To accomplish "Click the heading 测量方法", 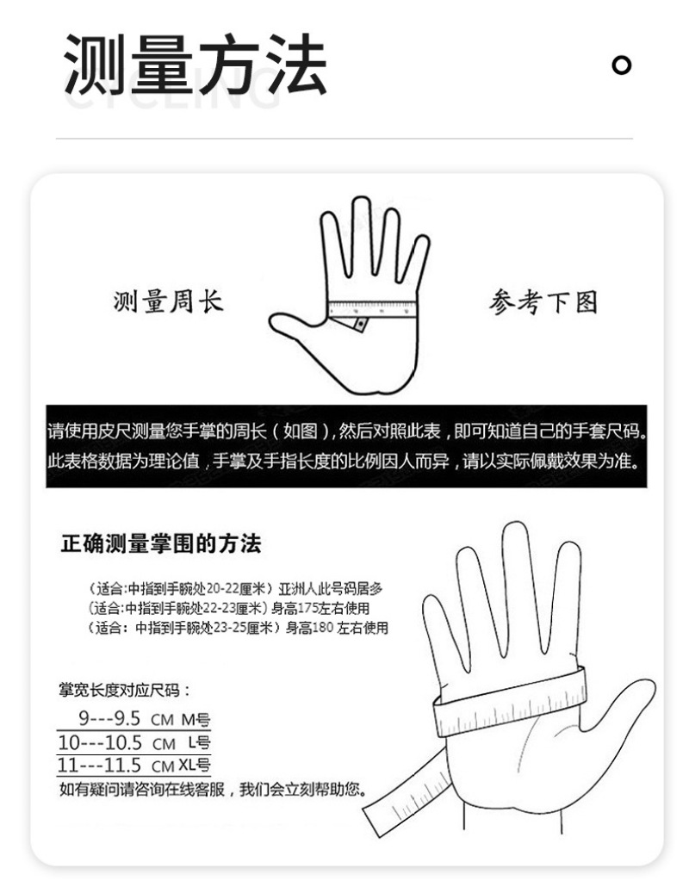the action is (x=196, y=64).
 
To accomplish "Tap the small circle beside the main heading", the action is (x=621, y=65).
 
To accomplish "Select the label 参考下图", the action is (x=543, y=301).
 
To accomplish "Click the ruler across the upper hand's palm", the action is (x=373, y=309).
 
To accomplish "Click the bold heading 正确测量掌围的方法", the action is (x=160, y=544).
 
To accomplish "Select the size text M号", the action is (x=196, y=719).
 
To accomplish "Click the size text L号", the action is (x=199, y=742).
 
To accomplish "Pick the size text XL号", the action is (x=194, y=765).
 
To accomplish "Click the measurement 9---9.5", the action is (x=109, y=719).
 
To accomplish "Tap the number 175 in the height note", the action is (x=307, y=608).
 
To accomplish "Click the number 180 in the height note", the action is (x=323, y=628).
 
